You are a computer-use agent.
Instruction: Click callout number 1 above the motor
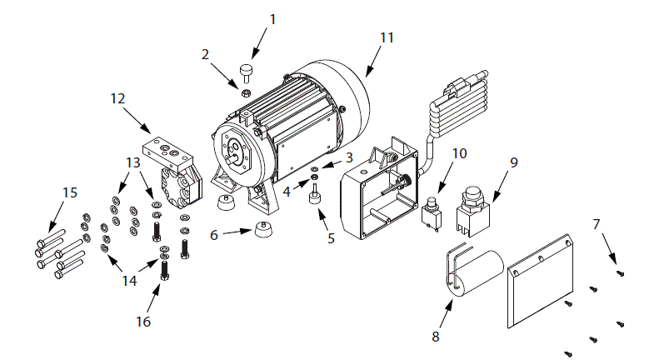pos(272,17)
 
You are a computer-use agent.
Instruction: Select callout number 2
pos(205,55)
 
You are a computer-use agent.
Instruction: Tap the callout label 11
pos(387,37)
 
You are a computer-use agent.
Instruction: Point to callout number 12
pos(117,98)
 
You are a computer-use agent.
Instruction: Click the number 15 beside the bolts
pos(70,192)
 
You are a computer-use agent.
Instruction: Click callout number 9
pos(513,162)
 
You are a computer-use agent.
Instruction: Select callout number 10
pos(461,154)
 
